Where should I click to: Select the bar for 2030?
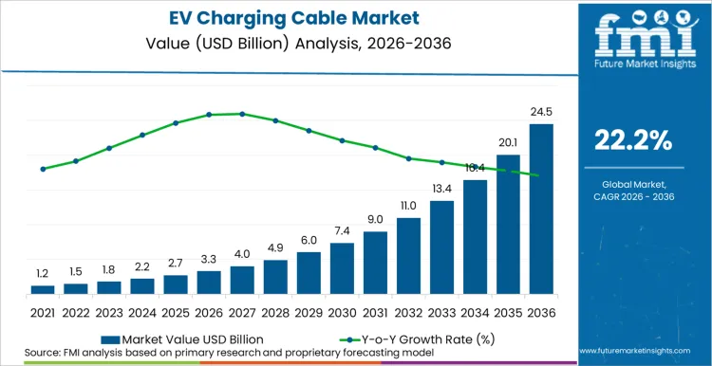(342, 268)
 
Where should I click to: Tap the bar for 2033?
(441, 247)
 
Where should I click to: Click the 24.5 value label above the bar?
(541, 112)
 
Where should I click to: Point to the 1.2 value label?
(43, 273)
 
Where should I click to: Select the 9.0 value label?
(375, 219)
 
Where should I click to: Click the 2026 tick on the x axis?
(209, 311)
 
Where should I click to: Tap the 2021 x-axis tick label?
(43, 311)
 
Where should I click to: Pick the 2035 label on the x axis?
(508, 311)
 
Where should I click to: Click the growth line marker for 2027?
(242, 114)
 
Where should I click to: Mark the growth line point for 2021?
(43, 169)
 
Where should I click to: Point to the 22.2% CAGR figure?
(632, 141)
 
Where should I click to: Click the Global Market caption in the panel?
(632, 183)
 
